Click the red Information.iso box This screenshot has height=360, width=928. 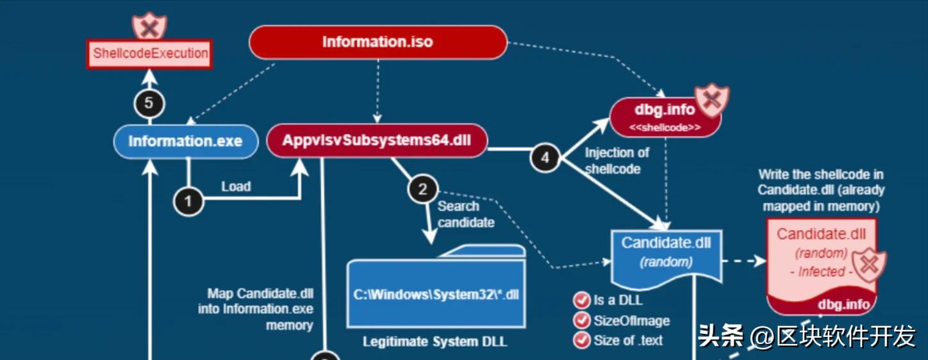[x=377, y=42]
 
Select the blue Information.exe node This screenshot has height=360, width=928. [x=185, y=141]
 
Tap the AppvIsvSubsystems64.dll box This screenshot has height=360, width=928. [x=376, y=141]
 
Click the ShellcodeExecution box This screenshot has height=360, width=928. [x=150, y=53]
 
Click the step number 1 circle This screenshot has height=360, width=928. [x=188, y=201]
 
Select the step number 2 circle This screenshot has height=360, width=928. [x=422, y=190]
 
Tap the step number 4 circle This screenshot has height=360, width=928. [x=545, y=158]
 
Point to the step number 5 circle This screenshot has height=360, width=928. [x=149, y=103]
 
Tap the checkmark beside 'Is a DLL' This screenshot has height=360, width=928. [x=581, y=300]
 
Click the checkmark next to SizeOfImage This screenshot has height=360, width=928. [x=581, y=320]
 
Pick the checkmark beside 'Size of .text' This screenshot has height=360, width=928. [x=581, y=340]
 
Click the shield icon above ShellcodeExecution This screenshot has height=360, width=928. [x=149, y=26]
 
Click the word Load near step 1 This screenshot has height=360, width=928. [x=236, y=186]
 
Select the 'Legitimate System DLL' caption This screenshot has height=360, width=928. [x=435, y=341]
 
